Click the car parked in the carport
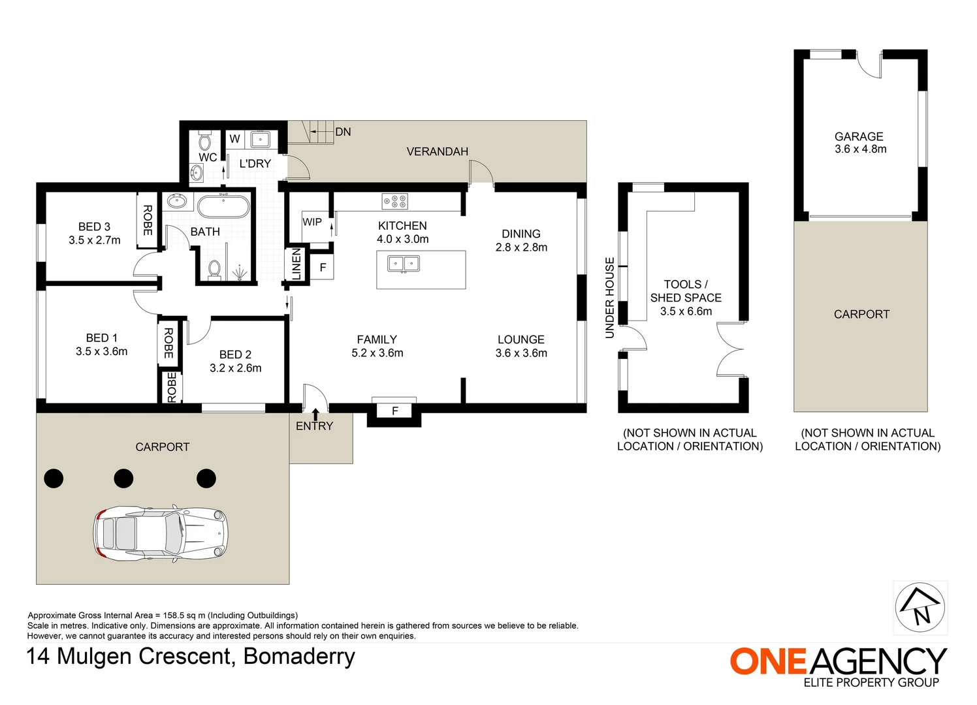pos(162,532)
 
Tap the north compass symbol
pos(920,607)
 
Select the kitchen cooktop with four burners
pos(394,202)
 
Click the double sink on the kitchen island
pos(404,264)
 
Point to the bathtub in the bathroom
pos(223,206)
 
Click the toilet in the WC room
pos(204,141)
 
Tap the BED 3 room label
pos(94,227)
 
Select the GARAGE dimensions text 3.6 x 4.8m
pos(860,149)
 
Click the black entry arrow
pos(315,414)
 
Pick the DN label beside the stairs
pos(343,132)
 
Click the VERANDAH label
pos(437,151)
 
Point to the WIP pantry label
pos(312,222)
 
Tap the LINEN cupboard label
pos(296,264)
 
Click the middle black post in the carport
pos(123,478)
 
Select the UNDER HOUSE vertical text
pos(609,298)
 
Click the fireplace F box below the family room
pos(394,411)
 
